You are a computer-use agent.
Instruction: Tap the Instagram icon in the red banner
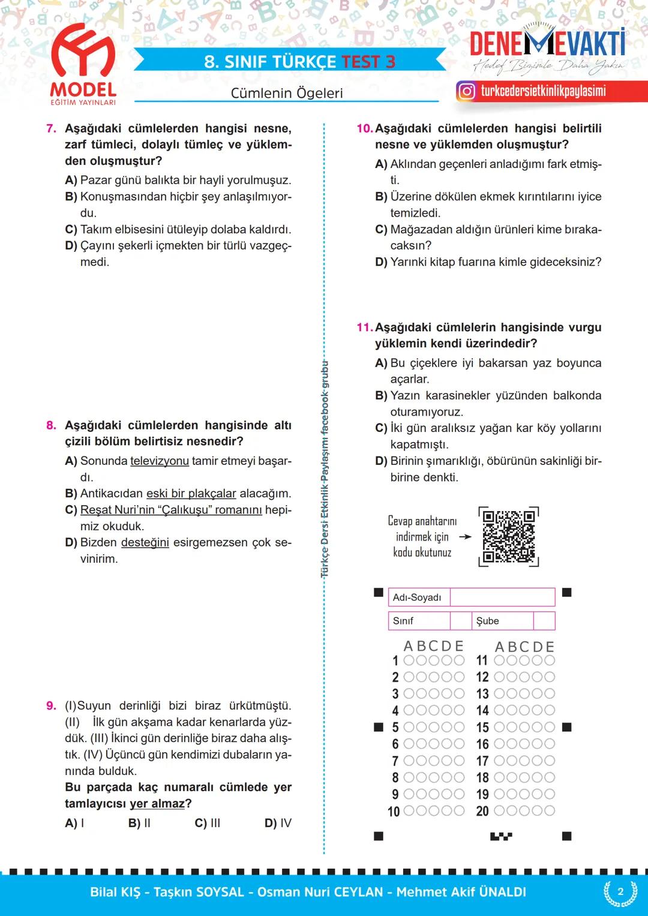pyautogui.click(x=466, y=91)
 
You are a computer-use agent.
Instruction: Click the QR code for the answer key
pyautogui.click(x=509, y=536)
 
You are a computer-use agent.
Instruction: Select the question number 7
pyautogui.click(x=51, y=128)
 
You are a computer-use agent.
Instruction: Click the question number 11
pyautogui.click(x=364, y=328)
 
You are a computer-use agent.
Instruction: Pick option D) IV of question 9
pyautogui.click(x=278, y=823)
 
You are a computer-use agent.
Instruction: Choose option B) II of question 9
pyautogui.click(x=139, y=823)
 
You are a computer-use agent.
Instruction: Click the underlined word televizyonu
pyautogui.click(x=159, y=461)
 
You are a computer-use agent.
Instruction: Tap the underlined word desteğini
pyautogui.click(x=145, y=542)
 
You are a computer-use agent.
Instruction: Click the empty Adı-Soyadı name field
pyautogui.click(x=502, y=597)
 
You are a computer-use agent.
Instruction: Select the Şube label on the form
pyautogui.click(x=487, y=621)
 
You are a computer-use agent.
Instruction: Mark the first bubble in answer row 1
pyautogui.click(x=409, y=660)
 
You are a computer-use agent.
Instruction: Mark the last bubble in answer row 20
pyautogui.click(x=549, y=811)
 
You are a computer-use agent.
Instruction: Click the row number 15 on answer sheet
pyautogui.click(x=482, y=728)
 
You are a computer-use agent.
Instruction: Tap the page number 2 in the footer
pyautogui.click(x=620, y=891)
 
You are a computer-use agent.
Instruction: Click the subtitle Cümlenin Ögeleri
pyautogui.click(x=287, y=93)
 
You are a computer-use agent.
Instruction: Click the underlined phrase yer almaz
pyautogui.click(x=157, y=804)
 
